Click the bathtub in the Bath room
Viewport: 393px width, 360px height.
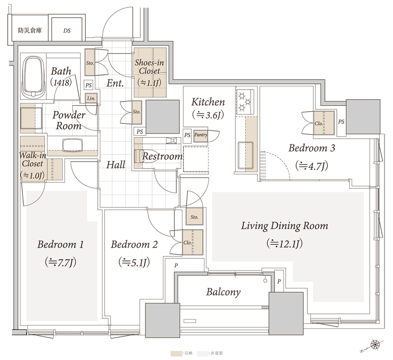click(x=33, y=78)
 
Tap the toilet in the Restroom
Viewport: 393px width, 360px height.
click(x=140, y=156)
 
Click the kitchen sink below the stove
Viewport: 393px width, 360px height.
click(x=245, y=155)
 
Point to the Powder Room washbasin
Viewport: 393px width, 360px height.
click(x=73, y=145)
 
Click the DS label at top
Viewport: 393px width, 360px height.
click(x=67, y=31)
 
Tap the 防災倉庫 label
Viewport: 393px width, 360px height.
click(x=30, y=31)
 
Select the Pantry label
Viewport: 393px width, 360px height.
click(x=201, y=135)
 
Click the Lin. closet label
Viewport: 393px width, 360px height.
click(x=91, y=99)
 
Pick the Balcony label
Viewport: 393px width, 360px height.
click(x=223, y=292)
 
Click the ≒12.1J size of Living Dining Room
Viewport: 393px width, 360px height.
click(x=285, y=243)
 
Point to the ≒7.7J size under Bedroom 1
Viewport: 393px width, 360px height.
click(x=61, y=263)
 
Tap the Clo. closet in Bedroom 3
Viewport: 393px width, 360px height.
click(x=324, y=123)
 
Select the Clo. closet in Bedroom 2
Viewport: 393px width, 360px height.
click(x=193, y=242)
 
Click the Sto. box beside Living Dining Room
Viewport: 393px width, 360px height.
click(x=194, y=216)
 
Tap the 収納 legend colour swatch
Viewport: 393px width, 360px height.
click(x=176, y=353)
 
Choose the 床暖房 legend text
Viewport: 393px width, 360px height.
click(x=216, y=353)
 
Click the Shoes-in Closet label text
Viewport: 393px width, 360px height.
click(x=149, y=67)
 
